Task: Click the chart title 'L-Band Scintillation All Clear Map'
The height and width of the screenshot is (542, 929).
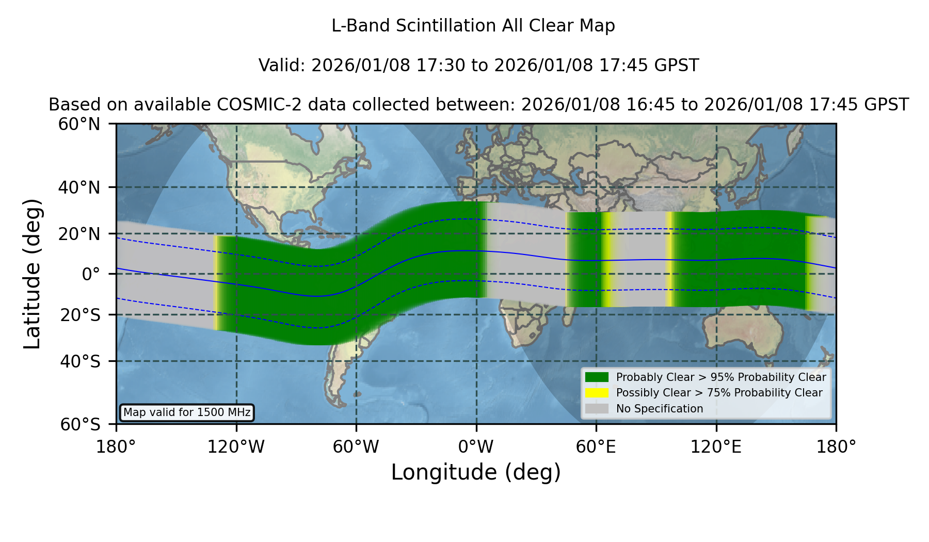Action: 473,26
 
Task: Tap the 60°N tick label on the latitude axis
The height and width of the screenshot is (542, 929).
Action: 79,124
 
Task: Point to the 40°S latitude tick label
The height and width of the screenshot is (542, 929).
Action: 80,361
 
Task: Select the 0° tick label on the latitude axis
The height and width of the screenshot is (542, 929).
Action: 91,274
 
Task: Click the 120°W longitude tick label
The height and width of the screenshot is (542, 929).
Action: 236,447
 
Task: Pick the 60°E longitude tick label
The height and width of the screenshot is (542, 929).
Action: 596,447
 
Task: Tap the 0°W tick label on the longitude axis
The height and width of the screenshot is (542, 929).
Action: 476,447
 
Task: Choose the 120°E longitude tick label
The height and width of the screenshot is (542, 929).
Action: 716,447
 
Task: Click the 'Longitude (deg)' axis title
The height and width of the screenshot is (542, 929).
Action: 476,472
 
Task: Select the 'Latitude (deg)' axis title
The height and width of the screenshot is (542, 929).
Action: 33,274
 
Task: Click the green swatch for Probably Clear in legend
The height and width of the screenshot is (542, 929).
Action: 597,377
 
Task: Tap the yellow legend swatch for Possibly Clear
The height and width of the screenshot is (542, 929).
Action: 597,393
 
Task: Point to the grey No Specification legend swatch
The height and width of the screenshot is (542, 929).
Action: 597,409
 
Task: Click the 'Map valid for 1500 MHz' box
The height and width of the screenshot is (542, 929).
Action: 187,412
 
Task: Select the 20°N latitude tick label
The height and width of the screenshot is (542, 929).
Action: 79,234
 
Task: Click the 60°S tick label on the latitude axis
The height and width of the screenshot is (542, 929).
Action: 80,425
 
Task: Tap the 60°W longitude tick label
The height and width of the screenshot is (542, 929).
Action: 356,447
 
